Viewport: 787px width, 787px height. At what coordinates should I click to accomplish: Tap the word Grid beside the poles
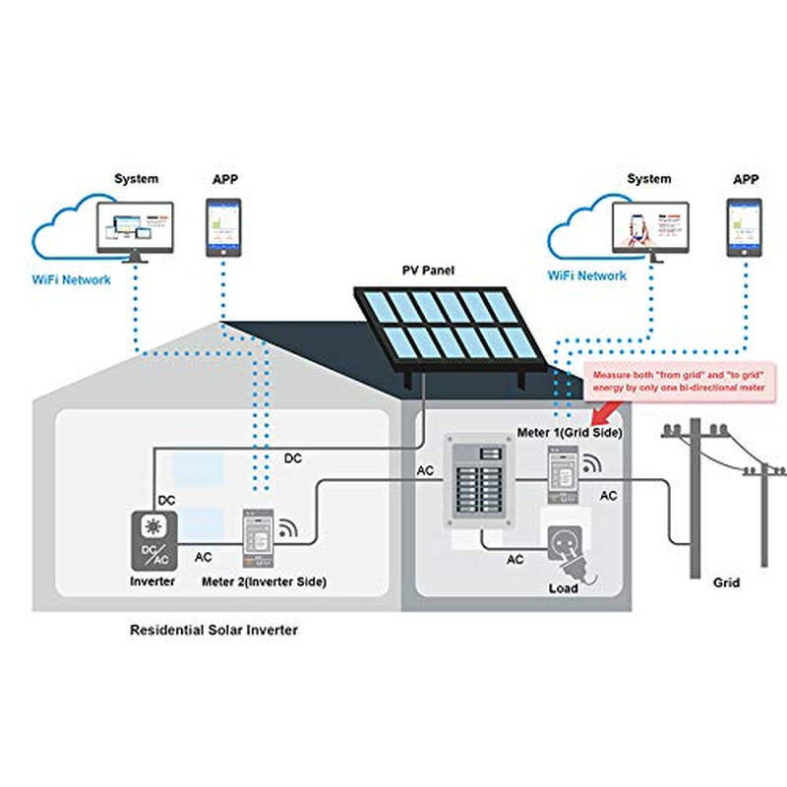726,582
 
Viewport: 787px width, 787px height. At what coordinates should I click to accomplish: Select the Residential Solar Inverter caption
213,630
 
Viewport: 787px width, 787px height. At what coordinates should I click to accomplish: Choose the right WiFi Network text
586,275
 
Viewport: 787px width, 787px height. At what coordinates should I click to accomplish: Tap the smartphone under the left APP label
223,227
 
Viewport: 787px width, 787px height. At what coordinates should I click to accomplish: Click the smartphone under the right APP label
744,227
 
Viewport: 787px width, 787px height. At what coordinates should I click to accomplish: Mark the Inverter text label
152,581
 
